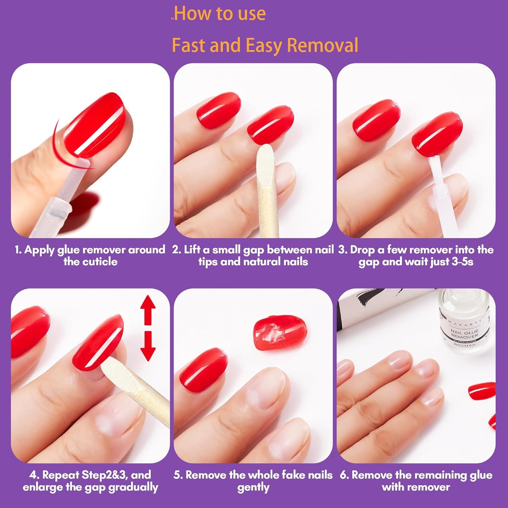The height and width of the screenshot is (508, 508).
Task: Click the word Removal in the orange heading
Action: point(322,46)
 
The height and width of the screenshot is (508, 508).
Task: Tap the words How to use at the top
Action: point(220,14)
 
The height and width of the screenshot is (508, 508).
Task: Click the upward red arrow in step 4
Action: point(148,308)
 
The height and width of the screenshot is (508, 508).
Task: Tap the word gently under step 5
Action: point(253,487)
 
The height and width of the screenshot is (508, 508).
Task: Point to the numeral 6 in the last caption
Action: point(344,475)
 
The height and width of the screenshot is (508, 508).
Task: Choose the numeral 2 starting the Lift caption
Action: point(176,250)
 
